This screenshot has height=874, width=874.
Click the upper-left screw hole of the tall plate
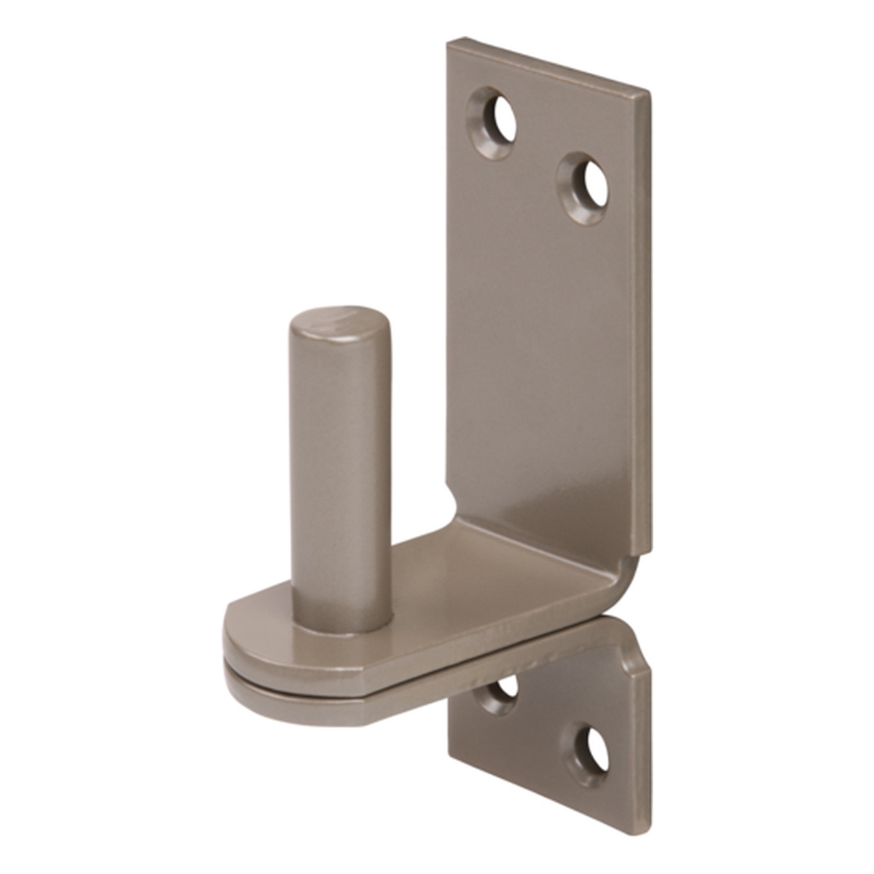point(494,122)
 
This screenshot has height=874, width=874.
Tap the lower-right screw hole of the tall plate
point(585,186)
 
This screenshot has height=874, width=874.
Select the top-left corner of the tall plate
point(450,42)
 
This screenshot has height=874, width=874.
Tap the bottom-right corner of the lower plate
point(644,830)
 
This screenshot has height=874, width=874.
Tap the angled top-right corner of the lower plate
point(637,659)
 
